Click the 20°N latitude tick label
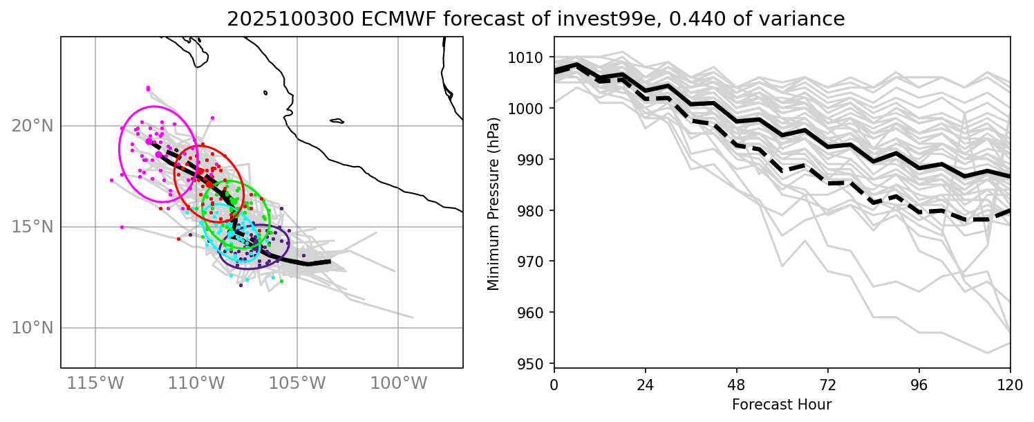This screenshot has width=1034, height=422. click(x=32, y=126)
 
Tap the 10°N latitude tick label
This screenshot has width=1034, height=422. click(x=32, y=328)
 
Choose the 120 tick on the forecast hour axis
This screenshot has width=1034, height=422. click(x=1010, y=383)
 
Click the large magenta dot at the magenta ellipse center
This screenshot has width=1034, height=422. click(x=149, y=141)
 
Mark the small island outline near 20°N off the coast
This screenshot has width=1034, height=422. click(x=337, y=121)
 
